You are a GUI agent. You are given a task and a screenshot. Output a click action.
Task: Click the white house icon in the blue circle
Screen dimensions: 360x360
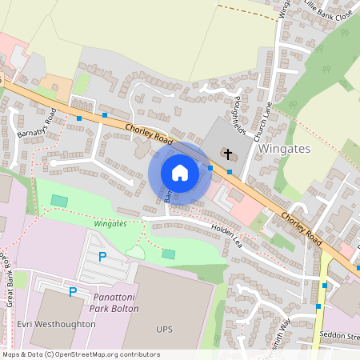click(x=180, y=173)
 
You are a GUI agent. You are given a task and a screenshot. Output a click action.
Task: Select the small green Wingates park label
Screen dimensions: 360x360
click(x=110, y=224)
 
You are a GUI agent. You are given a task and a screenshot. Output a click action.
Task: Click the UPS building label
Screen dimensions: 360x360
click(x=164, y=329)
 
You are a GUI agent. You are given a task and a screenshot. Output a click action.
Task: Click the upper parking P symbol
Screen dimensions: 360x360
click(x=102, y=257)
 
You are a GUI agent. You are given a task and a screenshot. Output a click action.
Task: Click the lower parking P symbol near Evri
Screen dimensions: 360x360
click(x=73, y=292)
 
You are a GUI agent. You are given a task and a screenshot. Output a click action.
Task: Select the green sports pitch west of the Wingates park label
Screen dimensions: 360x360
click(x=59, y=200)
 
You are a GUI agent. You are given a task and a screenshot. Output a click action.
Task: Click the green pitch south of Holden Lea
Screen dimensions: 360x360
click(x=168, y=254)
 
